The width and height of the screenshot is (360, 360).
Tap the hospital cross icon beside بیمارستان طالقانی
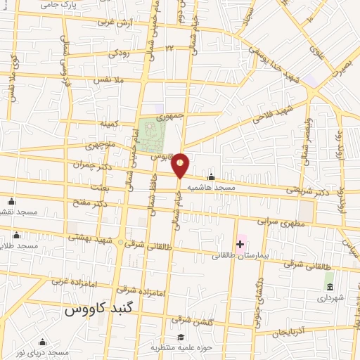click(241, 244)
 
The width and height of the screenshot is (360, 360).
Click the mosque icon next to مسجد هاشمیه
click(212, 177)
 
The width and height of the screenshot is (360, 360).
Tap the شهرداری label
click(329, 298)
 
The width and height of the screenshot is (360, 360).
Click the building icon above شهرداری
click(329, 286)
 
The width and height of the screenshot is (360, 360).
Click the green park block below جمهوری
click(148, 134)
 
